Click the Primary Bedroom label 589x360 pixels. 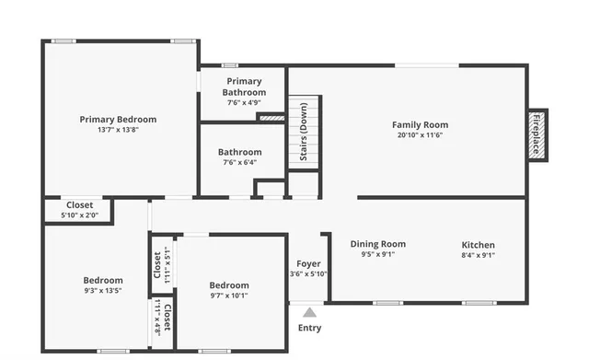(x=118, y=119)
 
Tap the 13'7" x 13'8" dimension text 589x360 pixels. (x=118, y=130)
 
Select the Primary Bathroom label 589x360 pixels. (x=244, y=87)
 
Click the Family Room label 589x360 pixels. (x=420, y=124)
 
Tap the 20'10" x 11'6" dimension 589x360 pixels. (x=420, y=135)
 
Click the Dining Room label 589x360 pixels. (x=377, y=244)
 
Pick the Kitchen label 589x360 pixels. (x=478, y=245)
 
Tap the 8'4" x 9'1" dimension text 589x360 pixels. (x=478, y=255)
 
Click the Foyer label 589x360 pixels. (x=308, y=263)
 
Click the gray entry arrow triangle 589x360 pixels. (x=310, y=312)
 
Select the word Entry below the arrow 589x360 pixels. (x=310, y=328)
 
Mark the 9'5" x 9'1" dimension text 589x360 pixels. (x=377, y=255)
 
